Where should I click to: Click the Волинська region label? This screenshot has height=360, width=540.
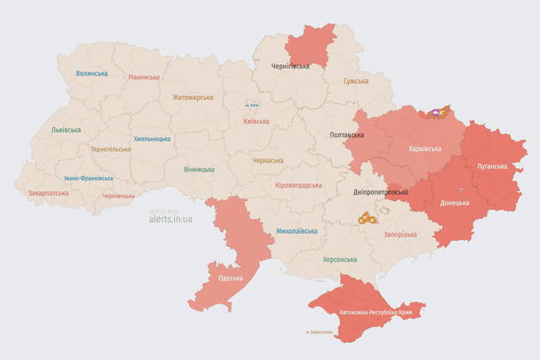tap(91, 74)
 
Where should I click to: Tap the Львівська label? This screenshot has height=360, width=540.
tap(66, 130)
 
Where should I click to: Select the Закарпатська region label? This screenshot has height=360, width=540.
tap(48, 192)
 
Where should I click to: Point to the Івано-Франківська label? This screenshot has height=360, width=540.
tap(88, 178)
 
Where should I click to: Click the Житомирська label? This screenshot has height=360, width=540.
tap(193, 97)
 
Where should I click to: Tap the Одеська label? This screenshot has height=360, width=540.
tap(230, 278)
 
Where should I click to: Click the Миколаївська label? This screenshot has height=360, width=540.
tap(297, 231)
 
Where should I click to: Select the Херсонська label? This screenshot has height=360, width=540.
tap(339, 260)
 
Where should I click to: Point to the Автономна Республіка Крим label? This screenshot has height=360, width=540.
tap(376, 313)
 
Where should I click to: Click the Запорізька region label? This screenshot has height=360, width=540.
tap(399, 234)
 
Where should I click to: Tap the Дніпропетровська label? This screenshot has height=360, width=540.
tap(381, 192)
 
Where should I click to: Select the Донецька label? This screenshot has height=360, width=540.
tap(455, 202)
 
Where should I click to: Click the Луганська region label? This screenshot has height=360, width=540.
tap(492, 166)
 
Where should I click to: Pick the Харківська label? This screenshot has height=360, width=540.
tap(424, 148)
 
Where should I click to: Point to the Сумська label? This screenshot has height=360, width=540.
tap(356, 81)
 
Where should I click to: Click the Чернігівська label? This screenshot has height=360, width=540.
tap(290, 66)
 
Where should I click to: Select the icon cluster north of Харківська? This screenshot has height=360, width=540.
tap(437, 113)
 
